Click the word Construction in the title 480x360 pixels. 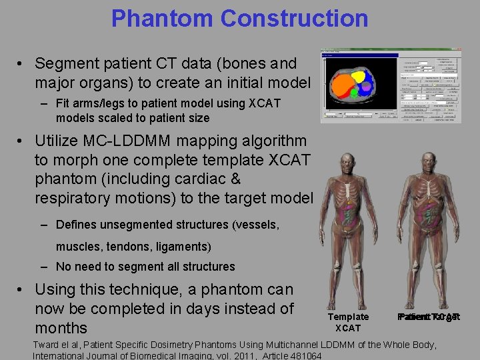[x=294, y=18]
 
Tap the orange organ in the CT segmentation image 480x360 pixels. [x=343, y=87]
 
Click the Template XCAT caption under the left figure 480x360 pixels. [x=348, y=322]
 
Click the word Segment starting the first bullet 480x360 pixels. [x=65, y=64]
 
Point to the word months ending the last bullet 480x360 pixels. [x=61, y=328]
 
